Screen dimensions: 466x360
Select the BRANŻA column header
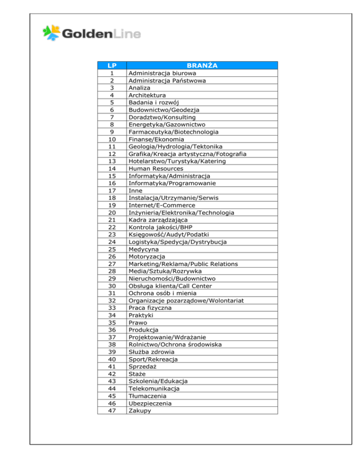(202, 66)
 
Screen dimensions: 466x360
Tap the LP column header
(112, 66)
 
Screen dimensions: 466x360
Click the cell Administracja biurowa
(163, 73)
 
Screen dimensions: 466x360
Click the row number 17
(112, 190)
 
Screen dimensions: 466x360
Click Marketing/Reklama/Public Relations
(183, 264)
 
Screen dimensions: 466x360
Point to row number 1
(112, 73)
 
